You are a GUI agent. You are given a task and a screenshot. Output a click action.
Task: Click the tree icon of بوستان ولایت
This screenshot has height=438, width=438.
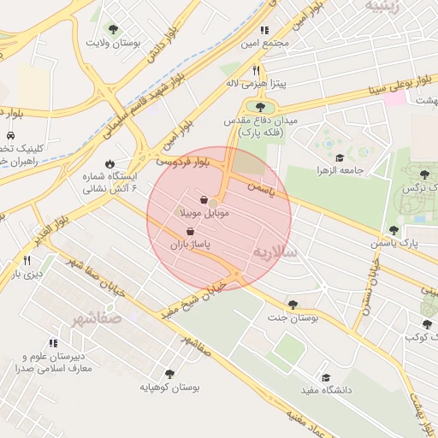114,29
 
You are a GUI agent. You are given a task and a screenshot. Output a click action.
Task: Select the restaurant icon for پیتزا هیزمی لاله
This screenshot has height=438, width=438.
255,71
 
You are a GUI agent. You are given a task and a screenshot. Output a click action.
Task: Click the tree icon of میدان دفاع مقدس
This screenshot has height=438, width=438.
260,107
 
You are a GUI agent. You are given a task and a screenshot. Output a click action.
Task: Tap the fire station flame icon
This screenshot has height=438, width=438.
109,163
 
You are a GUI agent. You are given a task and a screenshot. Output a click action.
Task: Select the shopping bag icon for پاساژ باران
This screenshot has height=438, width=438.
189,231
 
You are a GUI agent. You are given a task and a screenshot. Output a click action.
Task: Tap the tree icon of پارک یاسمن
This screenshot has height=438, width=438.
394,229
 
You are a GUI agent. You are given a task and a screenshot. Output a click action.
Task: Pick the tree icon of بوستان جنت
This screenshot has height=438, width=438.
293,304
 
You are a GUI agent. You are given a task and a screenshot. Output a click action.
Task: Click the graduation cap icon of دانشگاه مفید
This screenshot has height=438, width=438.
325,377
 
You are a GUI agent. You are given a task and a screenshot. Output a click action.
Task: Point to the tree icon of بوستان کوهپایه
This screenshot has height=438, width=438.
169,374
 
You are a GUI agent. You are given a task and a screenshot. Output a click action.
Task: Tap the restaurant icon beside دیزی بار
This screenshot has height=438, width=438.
27,260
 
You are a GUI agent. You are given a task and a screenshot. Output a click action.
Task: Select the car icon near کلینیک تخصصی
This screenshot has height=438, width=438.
9,135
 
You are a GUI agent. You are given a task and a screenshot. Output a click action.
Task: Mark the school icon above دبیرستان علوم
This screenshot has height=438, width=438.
43,345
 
